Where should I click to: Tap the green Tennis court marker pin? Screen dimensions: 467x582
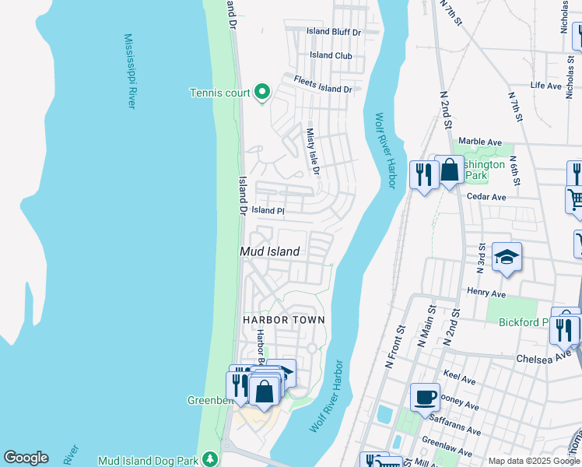pos(262,93)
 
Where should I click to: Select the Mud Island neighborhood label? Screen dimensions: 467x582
pos(269,251)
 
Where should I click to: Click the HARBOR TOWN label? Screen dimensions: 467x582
pos(283,320)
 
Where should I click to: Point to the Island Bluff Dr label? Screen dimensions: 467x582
pos(334,32)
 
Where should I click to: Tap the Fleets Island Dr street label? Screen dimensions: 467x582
pos(323,84)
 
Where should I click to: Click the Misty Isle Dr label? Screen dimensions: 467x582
pos(313,152)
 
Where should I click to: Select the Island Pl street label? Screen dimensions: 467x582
pos(268,211)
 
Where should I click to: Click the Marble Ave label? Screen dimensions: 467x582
pos(480,142)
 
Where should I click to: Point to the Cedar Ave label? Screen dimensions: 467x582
pos(486,197)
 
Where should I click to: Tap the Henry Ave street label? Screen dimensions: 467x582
pos(487,293)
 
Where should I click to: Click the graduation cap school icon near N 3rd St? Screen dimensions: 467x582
pos(507,257)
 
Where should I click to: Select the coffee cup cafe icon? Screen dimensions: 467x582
pos(426,397)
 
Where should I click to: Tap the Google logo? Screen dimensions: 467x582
pos(26,458)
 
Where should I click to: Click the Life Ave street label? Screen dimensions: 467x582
pos(545,86)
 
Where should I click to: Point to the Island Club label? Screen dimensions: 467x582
pos(331,55)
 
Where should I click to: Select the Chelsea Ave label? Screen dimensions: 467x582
pos(544,359)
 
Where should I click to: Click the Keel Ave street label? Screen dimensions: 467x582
pos(459,381)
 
